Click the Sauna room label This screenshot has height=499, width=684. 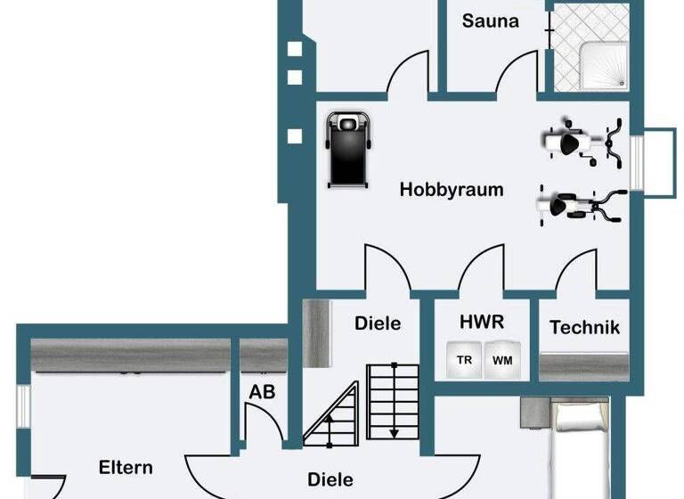490,20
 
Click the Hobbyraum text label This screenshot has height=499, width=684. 452,190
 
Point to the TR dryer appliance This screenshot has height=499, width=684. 464,361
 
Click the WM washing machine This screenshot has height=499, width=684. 502,361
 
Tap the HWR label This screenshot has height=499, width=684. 482,322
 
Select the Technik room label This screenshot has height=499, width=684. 584,327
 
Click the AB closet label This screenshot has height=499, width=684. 261,390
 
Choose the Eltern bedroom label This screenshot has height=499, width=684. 126,467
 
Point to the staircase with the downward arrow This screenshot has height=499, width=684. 393,402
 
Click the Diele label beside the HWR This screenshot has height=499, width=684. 378,323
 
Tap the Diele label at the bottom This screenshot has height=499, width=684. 330,479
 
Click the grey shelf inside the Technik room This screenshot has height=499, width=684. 583,365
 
